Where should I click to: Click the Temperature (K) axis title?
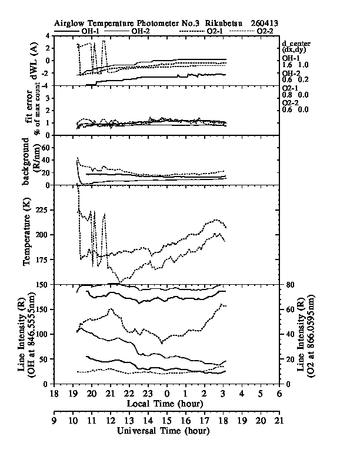(x=27, y=235)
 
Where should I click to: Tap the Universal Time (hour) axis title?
(x=165, y=430)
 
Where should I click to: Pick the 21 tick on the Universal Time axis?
(x=278, y=421)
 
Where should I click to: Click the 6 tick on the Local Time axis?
(x=278, y=394)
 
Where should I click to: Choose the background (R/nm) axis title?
(x=27, y=161)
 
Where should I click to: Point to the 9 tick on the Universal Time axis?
(x=54, y=421)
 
